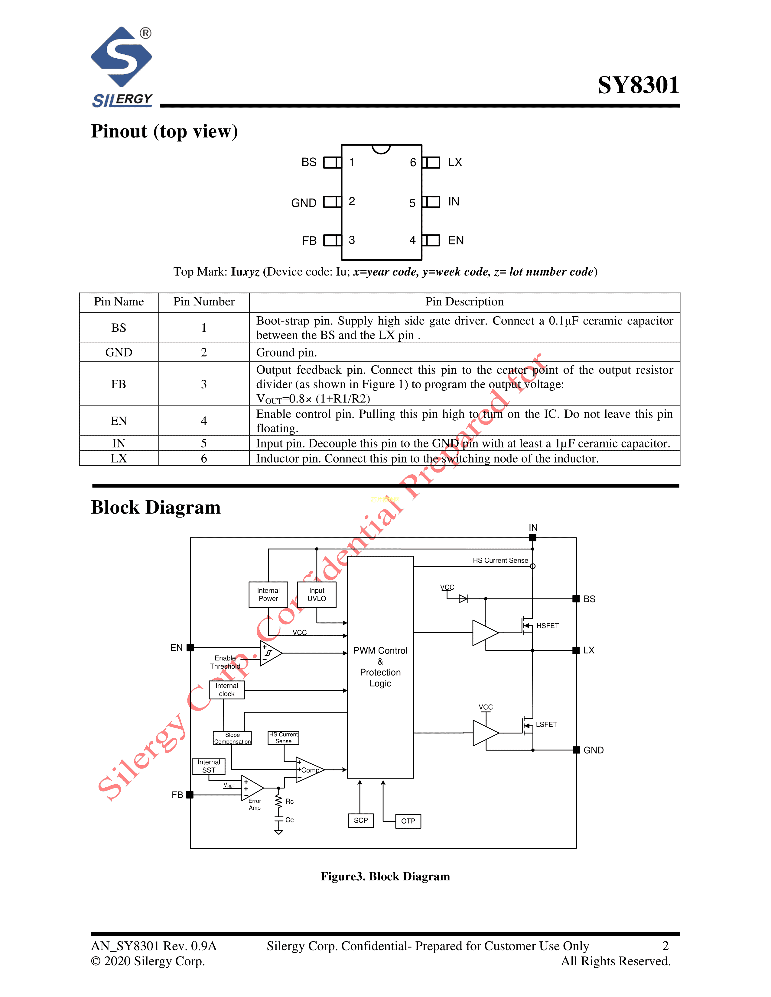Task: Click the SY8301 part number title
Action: (638, 86)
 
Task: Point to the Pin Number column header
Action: (204, 302)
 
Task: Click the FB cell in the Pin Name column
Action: (119, 384)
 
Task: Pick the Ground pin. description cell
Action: (464, 352)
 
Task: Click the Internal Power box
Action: (268, 594)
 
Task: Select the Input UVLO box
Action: (317, 594)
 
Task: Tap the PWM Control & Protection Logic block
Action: (380, 666)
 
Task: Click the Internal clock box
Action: (226, 690)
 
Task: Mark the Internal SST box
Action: (209, 766)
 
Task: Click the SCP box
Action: (360, 820)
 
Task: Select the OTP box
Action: (408, 821)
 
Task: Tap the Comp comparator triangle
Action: (309, 770)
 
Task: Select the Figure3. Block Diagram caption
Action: (385, 876)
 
